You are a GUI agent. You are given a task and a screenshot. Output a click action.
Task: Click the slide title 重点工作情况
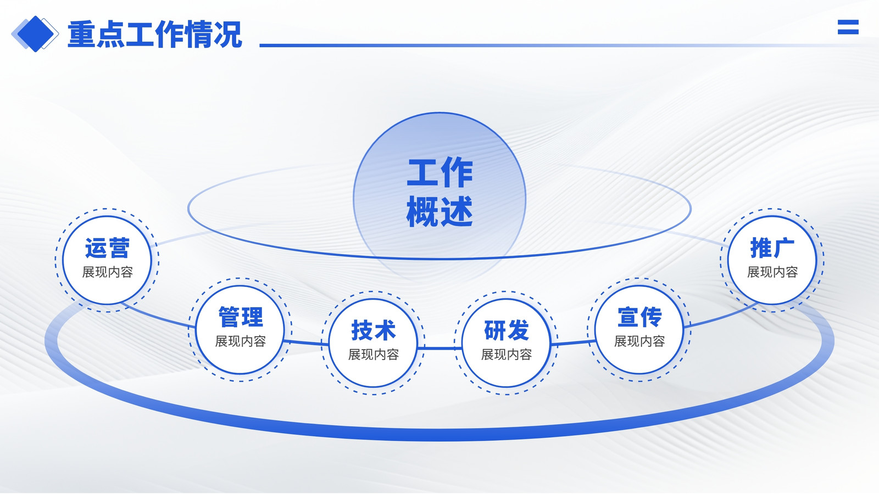[x=154, y=35]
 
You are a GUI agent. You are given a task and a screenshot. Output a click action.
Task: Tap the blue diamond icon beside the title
[x=35, y=33]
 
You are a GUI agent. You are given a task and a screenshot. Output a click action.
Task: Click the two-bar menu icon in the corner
[x=848, y=27]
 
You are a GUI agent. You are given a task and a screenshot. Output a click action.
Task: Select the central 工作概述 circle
[x=439, y=199]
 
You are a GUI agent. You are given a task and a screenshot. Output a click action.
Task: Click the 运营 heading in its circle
[x=107, y=248]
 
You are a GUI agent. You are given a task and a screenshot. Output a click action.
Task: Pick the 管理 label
[x=240, y=317]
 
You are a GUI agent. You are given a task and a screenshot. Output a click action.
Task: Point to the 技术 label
[x=373, y=330]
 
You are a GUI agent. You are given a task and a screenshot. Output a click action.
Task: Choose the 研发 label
[x=506, y=330]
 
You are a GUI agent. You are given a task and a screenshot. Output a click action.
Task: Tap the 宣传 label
[x=639, y=317]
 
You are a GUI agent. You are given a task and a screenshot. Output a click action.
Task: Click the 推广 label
[x=772, y=248]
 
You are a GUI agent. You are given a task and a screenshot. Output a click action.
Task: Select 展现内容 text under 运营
[x=107, y=272]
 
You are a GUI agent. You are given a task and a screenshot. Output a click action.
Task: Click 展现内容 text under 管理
[x=240, y=341]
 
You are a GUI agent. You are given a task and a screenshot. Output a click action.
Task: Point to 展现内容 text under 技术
[x=373, y=355]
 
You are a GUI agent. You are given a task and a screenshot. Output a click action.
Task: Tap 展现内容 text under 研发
[x=506, y=355]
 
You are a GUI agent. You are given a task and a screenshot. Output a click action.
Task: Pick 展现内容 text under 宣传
[x=639, y=341]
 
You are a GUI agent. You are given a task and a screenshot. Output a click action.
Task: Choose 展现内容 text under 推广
[x=772, y=272]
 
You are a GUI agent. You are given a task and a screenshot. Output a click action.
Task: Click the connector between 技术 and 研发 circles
[x=440, y=348]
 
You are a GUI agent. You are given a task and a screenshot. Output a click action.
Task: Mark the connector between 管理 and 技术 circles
[x=307, y=343]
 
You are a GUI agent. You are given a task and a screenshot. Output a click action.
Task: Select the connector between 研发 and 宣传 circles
[x=574, y=343]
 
